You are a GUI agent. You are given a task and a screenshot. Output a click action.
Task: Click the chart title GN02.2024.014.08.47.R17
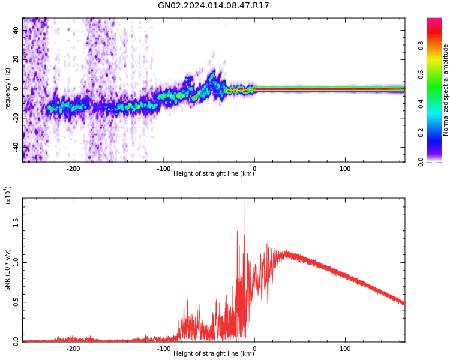click(214, 6)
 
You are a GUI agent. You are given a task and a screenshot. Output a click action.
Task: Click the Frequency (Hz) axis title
click(8, 90)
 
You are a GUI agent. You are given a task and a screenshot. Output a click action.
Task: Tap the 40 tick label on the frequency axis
click(16, 31)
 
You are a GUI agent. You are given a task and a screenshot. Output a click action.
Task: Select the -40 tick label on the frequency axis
click(15, 146)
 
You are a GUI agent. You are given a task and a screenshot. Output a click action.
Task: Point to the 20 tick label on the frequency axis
click(16, 59)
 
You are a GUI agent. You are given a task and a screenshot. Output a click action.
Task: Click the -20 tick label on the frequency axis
click(15, 118)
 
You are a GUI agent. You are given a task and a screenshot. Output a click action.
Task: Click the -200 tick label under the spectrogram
click(73, 169)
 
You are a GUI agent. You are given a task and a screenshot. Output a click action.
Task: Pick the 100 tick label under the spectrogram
click(345, 169)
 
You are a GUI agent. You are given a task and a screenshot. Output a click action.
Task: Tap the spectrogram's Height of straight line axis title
click(214, 174)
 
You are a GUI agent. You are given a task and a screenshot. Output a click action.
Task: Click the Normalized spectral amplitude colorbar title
click(446, 90)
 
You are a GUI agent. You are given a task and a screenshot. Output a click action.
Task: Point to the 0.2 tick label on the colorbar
click(438, 133)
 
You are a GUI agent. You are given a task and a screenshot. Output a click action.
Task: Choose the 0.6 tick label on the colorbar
click(438, 74)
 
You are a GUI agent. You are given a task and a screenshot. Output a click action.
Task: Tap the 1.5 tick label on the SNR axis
click(16, 223)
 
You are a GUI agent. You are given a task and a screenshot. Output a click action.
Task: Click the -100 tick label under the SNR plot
click(163, 348)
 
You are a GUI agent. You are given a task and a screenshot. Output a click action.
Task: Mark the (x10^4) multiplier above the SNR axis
click(8, 195)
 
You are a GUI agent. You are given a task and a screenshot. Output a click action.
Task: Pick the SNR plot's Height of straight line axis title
click(214, 354)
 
